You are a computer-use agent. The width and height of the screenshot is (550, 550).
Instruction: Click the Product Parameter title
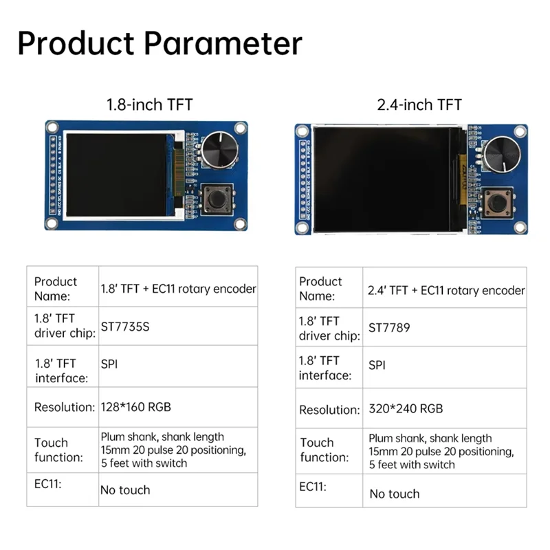(159, 43)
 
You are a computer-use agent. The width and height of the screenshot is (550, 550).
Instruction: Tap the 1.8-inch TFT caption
(149, 104)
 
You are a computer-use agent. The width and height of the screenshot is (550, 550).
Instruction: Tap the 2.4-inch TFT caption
(419, 104)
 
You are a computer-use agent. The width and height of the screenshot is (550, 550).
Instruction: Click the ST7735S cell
(124, 327)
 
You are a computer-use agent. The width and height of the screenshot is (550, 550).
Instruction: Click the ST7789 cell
(389, 328)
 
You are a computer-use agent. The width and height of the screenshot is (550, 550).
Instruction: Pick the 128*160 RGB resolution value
(135, 407)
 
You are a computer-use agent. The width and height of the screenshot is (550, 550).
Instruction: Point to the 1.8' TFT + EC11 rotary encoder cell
(178, 289)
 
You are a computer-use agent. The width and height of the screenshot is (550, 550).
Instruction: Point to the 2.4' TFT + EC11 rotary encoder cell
(446, 290)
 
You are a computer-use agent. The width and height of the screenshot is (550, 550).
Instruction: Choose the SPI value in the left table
(109, 364)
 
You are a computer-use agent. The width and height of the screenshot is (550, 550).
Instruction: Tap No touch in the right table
(394, 494)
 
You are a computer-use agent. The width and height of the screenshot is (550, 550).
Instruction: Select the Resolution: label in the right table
(329, 410)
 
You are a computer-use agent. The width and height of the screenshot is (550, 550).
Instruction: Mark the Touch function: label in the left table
(58, 450)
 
